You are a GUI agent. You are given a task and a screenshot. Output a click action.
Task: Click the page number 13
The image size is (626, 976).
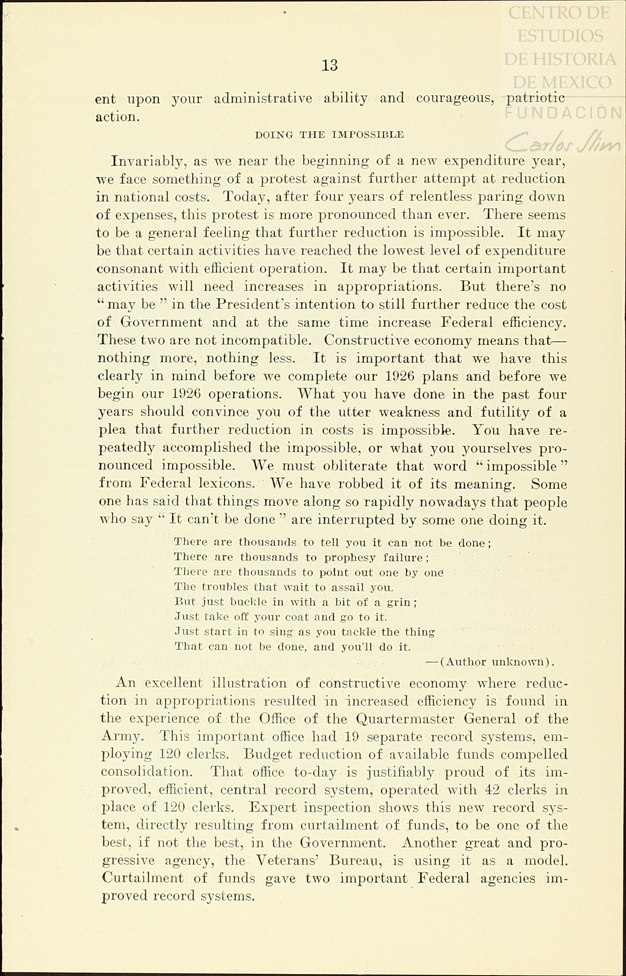pos(329,66)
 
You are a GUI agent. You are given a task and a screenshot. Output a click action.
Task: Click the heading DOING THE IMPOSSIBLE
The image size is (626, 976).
pos(329,135)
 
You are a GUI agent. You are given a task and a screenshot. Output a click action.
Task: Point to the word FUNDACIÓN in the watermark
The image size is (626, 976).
pos(563,113)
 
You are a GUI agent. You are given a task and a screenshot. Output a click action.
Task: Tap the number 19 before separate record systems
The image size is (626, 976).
pos(352,737)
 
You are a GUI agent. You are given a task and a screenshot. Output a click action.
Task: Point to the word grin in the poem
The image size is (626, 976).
pos(403,602)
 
